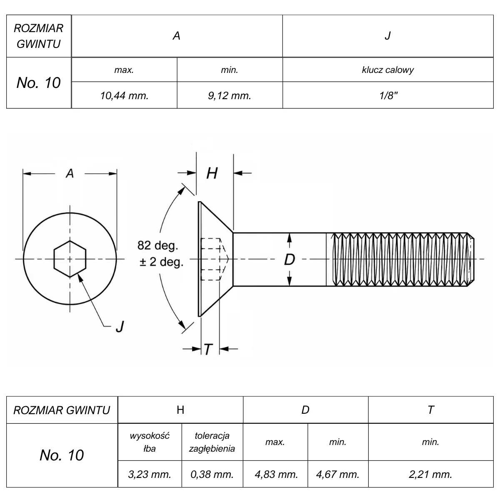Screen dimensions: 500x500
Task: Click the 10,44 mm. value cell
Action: tap(124, 95)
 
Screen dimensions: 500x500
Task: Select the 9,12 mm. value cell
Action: tap(229, 95)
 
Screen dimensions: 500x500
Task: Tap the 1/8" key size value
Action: tap(388, 95)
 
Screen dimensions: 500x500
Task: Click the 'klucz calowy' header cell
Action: tap(388, 70)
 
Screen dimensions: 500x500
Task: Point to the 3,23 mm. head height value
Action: tap(150, 474)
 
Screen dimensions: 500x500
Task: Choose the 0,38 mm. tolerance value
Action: tap(212, 474)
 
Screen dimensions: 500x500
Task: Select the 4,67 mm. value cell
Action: tap(337, 474)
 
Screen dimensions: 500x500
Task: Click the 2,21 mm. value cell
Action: tap(430, 474)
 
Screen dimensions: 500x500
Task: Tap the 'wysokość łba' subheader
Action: tap(150, 442)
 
